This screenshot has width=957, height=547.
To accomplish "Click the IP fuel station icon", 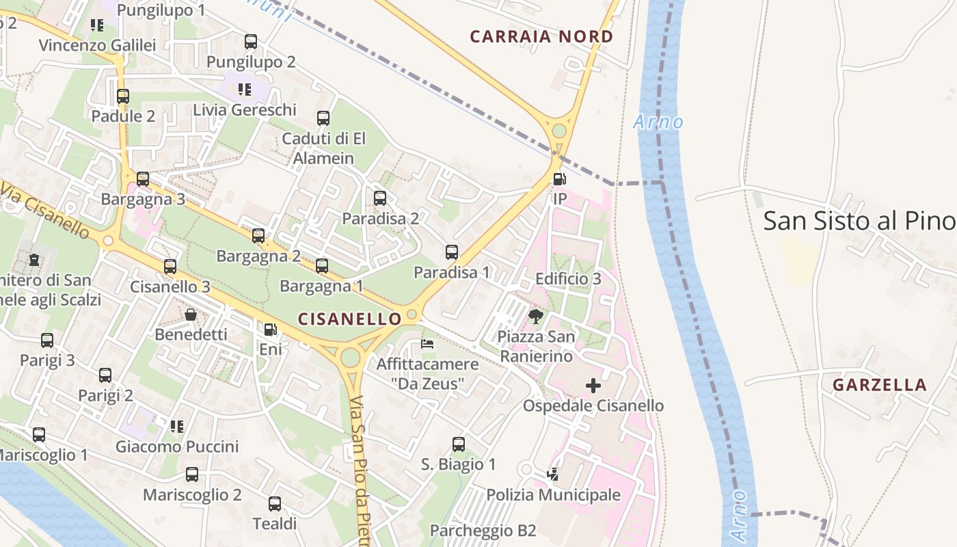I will [x=559, y=179].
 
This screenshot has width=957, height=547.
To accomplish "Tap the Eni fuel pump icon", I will [x=271, y=330].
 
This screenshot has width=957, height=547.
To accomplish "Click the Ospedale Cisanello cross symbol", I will [x=593, y=386].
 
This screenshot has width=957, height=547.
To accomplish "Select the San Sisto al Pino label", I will [x=859, y=221].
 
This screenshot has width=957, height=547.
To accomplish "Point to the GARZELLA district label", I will [x=880, y=385].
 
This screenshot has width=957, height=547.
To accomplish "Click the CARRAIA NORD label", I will [x=541, y=37].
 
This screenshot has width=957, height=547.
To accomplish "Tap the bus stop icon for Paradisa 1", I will [x=452, y=252].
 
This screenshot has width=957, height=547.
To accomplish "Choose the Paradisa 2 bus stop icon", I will [x=380, y=198].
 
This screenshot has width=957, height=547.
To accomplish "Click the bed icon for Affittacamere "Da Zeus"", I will [x=428, y=343].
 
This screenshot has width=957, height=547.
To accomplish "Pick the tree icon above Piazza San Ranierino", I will [x=536, y=316].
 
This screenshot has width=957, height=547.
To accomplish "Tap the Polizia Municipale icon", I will [x=553, y=474].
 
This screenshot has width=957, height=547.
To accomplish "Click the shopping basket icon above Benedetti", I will [x=191, y=315].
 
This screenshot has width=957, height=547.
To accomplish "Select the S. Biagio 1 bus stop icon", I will [x=459, y=444].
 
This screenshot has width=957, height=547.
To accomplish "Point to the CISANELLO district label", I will [x=350, y=319].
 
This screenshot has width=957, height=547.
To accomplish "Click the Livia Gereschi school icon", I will [x=245, y=89].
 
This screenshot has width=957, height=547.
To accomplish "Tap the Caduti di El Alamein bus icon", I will [x=323, y=118].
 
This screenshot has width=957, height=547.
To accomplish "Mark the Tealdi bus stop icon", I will [x=275, y=504].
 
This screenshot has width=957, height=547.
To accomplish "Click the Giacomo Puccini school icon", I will [x=177, y=427].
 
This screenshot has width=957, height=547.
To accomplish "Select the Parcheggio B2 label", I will [x=483, y=531].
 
